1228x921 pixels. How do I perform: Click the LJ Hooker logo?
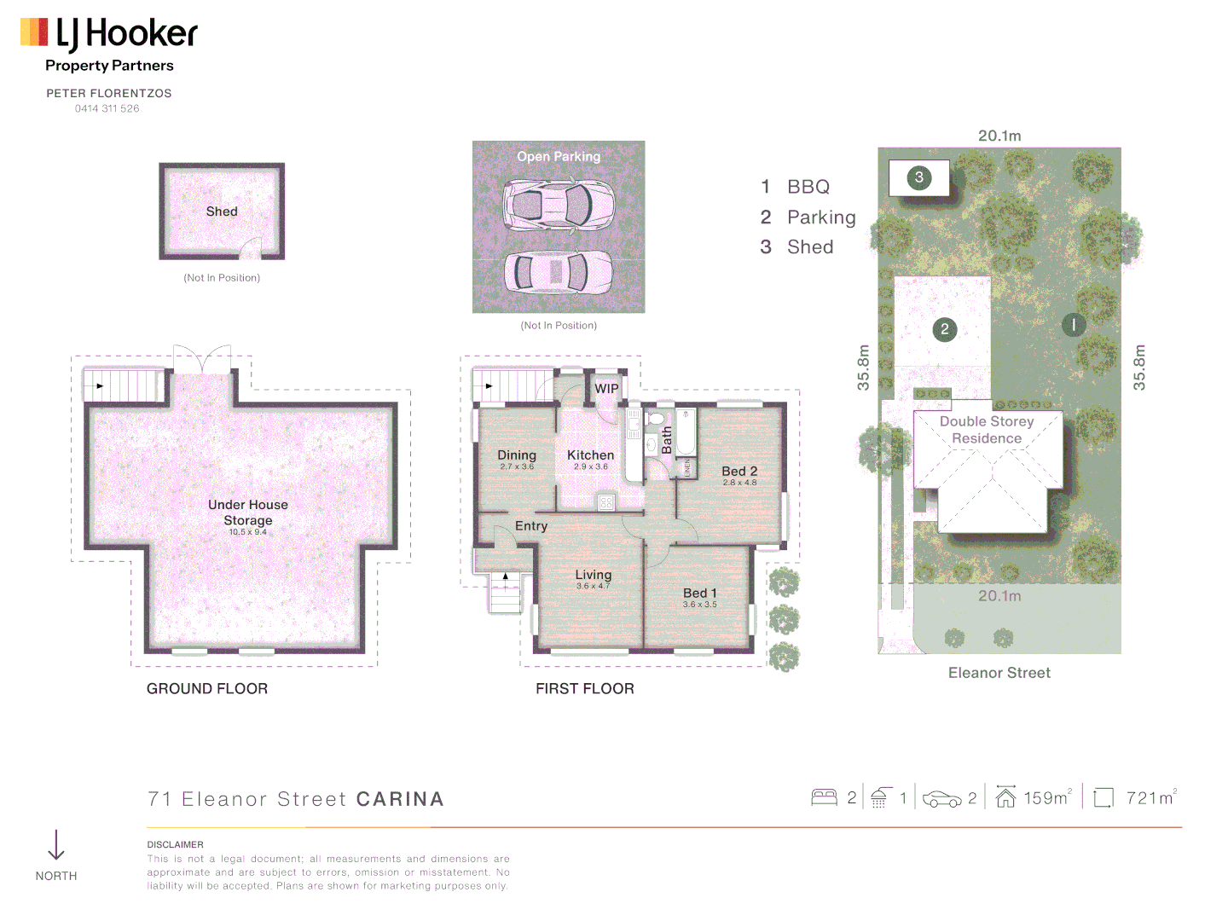109,34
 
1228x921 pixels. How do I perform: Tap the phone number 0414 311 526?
107,108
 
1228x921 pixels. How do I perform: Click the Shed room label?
222,211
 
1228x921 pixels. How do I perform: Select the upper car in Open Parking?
559,205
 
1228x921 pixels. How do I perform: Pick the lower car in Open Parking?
559,272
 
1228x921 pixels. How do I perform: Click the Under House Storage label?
248,513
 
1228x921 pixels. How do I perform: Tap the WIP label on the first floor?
606,389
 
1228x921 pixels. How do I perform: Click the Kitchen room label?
590,455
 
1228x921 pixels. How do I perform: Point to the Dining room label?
517,455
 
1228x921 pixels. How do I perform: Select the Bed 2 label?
739,472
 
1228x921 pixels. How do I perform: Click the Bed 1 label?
699,593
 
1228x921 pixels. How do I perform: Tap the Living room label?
593,575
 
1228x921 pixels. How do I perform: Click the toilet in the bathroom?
655,418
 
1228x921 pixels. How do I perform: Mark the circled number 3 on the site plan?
918,177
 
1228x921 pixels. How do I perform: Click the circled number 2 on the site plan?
944,329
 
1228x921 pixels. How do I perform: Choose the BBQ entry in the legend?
807,187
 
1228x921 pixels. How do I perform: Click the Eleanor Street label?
999,673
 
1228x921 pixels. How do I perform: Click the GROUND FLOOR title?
207,688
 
